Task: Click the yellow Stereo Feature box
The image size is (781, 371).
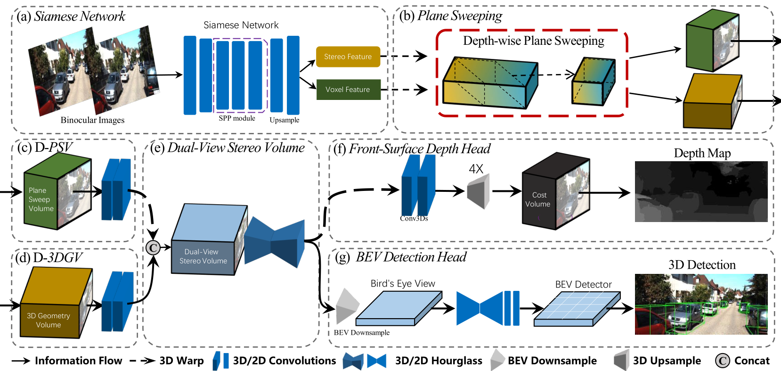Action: (348, 57)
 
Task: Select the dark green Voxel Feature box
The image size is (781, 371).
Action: (348, 90)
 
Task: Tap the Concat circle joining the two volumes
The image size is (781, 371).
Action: (153, 248)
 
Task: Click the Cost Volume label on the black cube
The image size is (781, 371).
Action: (538, 199)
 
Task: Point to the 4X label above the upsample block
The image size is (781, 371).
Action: (476, 169)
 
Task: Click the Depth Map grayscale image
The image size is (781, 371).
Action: (701, 191)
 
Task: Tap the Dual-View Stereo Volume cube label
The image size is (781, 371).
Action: (203, 256)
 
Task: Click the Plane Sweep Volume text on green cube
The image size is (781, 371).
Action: (41, 199)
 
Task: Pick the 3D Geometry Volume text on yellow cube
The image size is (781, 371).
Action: (49, 320)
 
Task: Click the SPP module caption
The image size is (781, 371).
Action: (237, 118)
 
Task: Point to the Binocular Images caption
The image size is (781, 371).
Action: (92, 120)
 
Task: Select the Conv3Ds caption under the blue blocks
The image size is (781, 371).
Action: (414, 218)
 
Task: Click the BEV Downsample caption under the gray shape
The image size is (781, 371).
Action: (362, 333)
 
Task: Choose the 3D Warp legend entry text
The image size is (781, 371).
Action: (182, 361)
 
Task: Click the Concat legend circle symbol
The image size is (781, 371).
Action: (723, 361)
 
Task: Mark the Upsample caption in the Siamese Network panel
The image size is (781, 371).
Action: (285, 120)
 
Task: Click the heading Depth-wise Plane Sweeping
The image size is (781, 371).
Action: (533, 41)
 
